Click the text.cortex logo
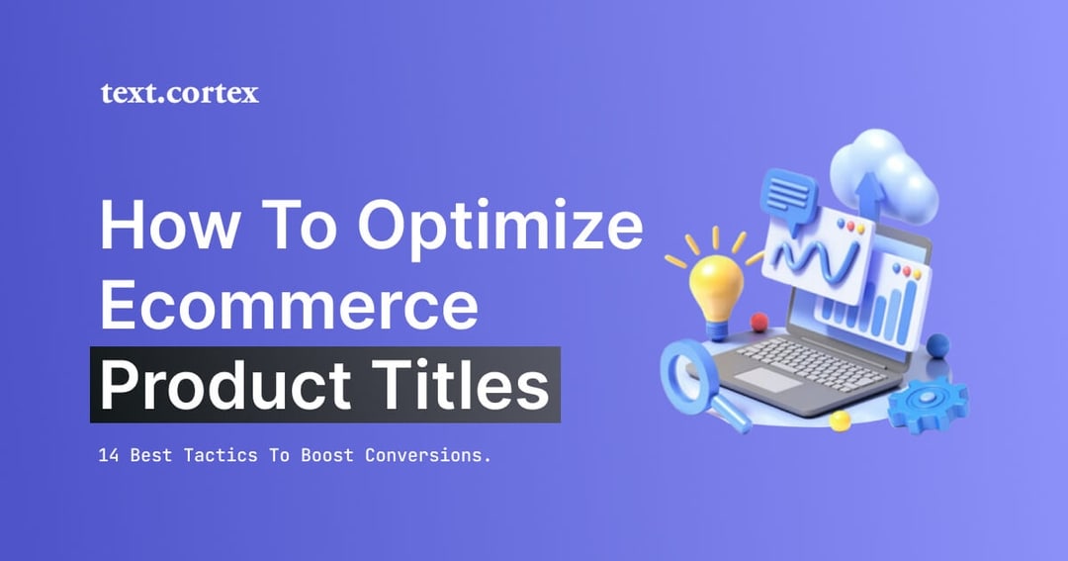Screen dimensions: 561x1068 (179, 94)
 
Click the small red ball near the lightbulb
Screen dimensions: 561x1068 (759, 321)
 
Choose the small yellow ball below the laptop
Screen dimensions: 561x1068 (840, 420)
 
